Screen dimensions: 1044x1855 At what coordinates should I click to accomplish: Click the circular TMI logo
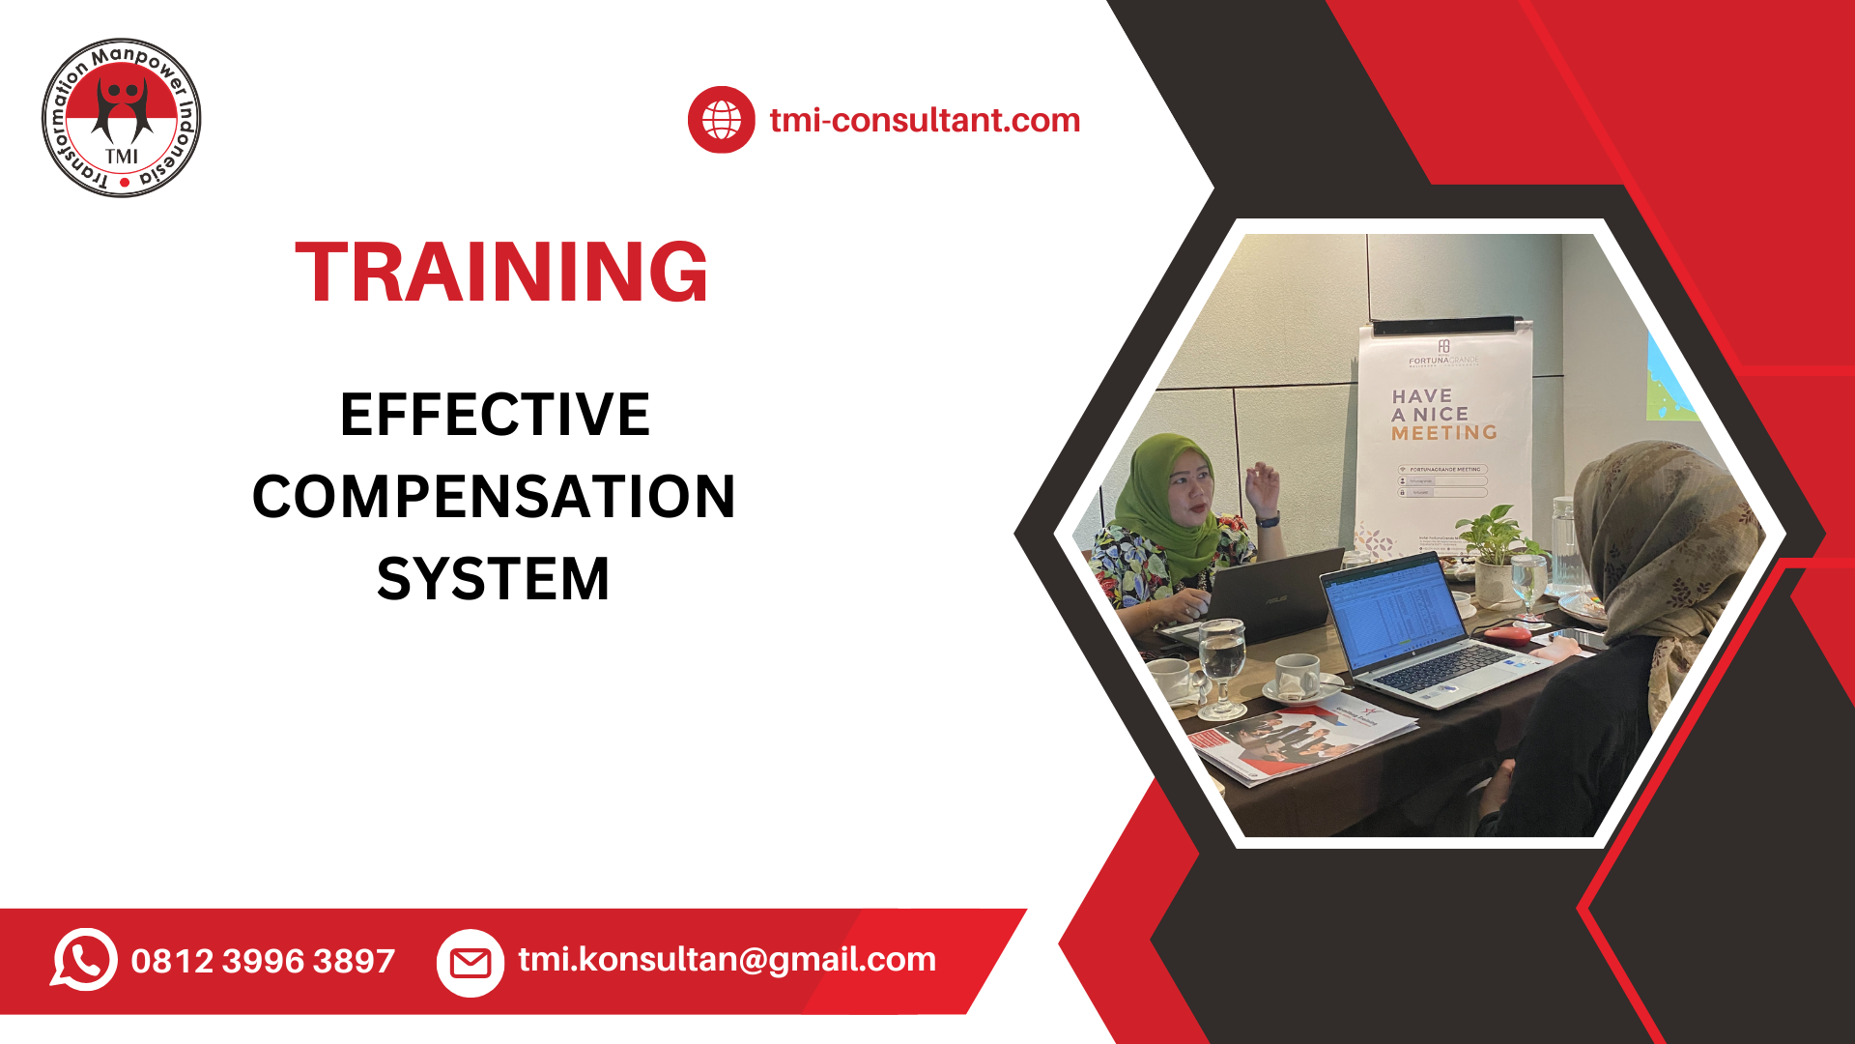pyautogui.click(x=122, y=118)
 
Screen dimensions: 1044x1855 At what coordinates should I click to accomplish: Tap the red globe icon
pyautogui.click(x=721, y=120)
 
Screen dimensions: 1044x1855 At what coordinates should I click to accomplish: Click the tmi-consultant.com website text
pyautogui.click(x=925, y=120)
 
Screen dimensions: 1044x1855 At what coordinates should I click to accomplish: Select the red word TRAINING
pyautogui.click(x=501, y=273)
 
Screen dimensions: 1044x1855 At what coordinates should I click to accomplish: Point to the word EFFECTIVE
pyautogui.click(x=495, y=415)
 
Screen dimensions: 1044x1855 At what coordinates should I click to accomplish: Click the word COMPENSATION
pyautogui.click(x=494, y=497)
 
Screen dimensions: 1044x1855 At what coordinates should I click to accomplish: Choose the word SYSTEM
pyautogui.click(x=494, y=579)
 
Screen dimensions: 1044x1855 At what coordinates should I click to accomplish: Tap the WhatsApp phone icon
pyautogui.click(x=84, y=960)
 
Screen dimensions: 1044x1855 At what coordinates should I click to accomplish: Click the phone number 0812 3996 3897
pyautogui.click(x=263, y=961)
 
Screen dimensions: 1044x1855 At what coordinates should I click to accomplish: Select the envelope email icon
pyautogui.click(x=471, y=963)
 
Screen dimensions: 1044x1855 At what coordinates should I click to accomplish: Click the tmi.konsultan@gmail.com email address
pyautogui.click(x=727, y=959)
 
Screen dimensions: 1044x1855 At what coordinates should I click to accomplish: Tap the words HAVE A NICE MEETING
pyautogui.click(x=1443, y=415)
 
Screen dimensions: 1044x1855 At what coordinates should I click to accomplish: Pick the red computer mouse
pyautogui.click(x=1507, y=635)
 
